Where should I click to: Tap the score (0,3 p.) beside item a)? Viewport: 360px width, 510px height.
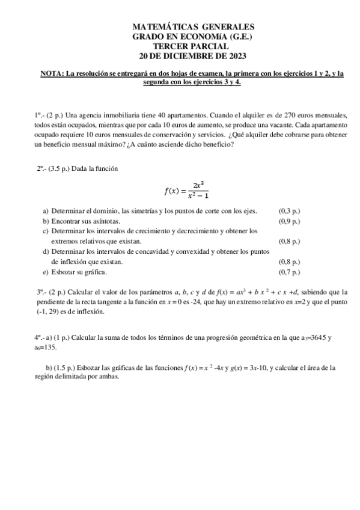tap(291, 211)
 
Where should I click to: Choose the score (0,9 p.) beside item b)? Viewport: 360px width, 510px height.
tap(291, 221)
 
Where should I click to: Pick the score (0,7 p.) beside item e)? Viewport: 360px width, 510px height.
tap(291, 272)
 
